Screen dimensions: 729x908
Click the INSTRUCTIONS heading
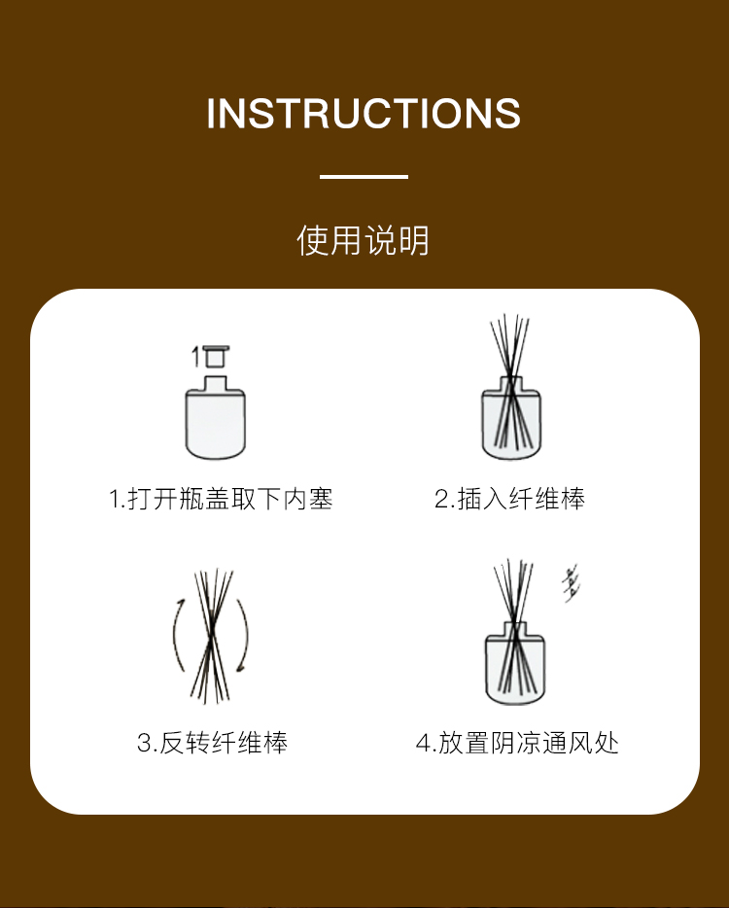click(364, 113)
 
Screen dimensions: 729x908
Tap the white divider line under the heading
click(364, 177)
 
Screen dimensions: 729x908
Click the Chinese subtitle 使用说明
click(364, 240)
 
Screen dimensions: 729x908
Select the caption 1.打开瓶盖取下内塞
click(221, 499)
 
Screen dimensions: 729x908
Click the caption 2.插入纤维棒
click(509, 499)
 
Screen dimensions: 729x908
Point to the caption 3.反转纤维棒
click(212, 743)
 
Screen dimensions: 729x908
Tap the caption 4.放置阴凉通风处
click(517, 743)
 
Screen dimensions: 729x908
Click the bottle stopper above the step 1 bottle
click(216, 356)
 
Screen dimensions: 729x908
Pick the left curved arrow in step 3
click(178, 634)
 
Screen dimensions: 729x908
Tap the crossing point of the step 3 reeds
click(212, 629)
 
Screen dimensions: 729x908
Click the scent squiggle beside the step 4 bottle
click(571, 584)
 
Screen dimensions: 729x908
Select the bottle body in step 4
click(515, 669)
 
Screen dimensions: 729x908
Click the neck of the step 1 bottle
click(216, 383)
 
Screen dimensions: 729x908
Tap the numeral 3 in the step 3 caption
click(143, 743)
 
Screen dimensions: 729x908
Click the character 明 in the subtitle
click(413, 240)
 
